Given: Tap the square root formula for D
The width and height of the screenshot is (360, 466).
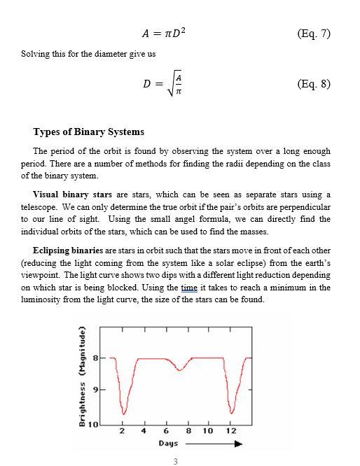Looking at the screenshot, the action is [163, 84].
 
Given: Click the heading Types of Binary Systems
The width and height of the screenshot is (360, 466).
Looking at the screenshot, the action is [88, 132].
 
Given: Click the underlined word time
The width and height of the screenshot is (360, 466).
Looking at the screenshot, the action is [189, 288].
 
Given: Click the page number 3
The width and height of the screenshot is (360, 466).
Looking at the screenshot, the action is [175, 461].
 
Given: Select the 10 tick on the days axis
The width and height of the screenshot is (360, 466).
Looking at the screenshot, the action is [208, 430].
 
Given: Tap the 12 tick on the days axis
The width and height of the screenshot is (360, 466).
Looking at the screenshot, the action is [231, 430].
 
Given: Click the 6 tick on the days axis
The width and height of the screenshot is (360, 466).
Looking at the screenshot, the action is [167, 430].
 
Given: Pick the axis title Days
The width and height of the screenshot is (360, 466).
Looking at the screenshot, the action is [168, 443].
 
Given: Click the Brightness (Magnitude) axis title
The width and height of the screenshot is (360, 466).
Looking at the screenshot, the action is [82, 376].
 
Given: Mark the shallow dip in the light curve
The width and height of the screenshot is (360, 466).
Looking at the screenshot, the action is [180, 368].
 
